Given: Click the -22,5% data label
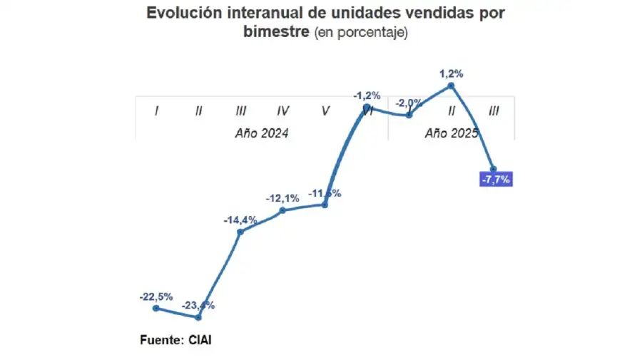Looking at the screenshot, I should tap(156, 297).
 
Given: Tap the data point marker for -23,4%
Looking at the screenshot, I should tap(198, 317).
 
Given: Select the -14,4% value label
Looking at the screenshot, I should tap(240, 220).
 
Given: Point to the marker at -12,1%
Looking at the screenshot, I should tap(283, 210).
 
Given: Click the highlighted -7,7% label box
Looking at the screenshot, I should tap(496, 180).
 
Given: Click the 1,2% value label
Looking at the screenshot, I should tap(452, 73).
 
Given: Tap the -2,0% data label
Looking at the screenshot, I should tap(409, 103).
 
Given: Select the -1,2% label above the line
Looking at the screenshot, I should tap(367, 95).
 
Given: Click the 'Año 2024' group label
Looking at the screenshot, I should tap(262, 133).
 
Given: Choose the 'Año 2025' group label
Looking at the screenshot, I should tap(451, 133).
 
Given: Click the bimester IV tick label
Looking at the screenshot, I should tap(283, 110).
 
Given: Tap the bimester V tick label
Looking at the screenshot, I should tap(325, 110).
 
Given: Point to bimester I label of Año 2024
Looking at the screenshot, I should tap(156, 110).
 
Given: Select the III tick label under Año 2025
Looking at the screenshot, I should tap(494, 110).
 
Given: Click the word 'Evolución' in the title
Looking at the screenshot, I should tap(179, 14).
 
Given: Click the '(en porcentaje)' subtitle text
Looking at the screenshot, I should tap(361, 34).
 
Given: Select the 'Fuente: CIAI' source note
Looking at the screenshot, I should tap(175, 339).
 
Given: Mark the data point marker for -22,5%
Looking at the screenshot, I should tap(156, 308).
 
